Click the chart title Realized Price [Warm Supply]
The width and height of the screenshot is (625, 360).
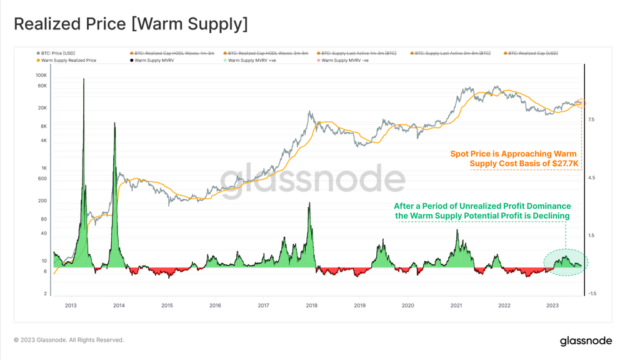point(131,24)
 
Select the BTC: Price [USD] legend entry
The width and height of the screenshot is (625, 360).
point(58,53)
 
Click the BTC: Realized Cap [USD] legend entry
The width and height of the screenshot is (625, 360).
point(532,53)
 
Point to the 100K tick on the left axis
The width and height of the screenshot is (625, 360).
point(42,75)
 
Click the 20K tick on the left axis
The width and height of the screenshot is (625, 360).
point(43,108)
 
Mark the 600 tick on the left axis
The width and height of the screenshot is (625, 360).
point(43,179)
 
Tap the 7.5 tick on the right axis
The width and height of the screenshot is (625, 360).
point(591,120)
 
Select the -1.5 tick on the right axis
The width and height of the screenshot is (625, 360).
point(592,293)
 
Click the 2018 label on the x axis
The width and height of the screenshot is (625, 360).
point(311,306)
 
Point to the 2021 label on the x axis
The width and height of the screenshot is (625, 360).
point(456,306)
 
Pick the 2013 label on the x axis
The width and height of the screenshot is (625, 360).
point(71,306)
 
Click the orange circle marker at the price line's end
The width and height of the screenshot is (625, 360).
point(581,103)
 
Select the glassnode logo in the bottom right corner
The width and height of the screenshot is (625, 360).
point(586,341)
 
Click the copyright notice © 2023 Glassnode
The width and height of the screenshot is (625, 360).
point(69,340)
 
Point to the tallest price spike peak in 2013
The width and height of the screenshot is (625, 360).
point(84,79)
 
